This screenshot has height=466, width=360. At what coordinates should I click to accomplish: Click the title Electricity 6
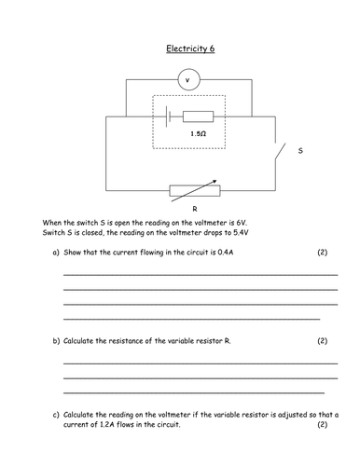pos(190,48)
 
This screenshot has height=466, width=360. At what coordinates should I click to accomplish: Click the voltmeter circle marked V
pos(190,80)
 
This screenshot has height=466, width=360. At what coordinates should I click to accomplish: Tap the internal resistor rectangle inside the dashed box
pos(197,117)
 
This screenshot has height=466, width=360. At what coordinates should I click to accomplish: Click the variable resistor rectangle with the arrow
pos(194,191)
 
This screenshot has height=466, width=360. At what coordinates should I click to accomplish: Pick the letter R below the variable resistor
pos(194,211)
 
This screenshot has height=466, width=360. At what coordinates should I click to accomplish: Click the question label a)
pos(56,253)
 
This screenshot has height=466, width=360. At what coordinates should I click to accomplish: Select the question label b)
pos(56,341)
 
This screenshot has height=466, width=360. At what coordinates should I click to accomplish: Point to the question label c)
pos(56,416)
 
